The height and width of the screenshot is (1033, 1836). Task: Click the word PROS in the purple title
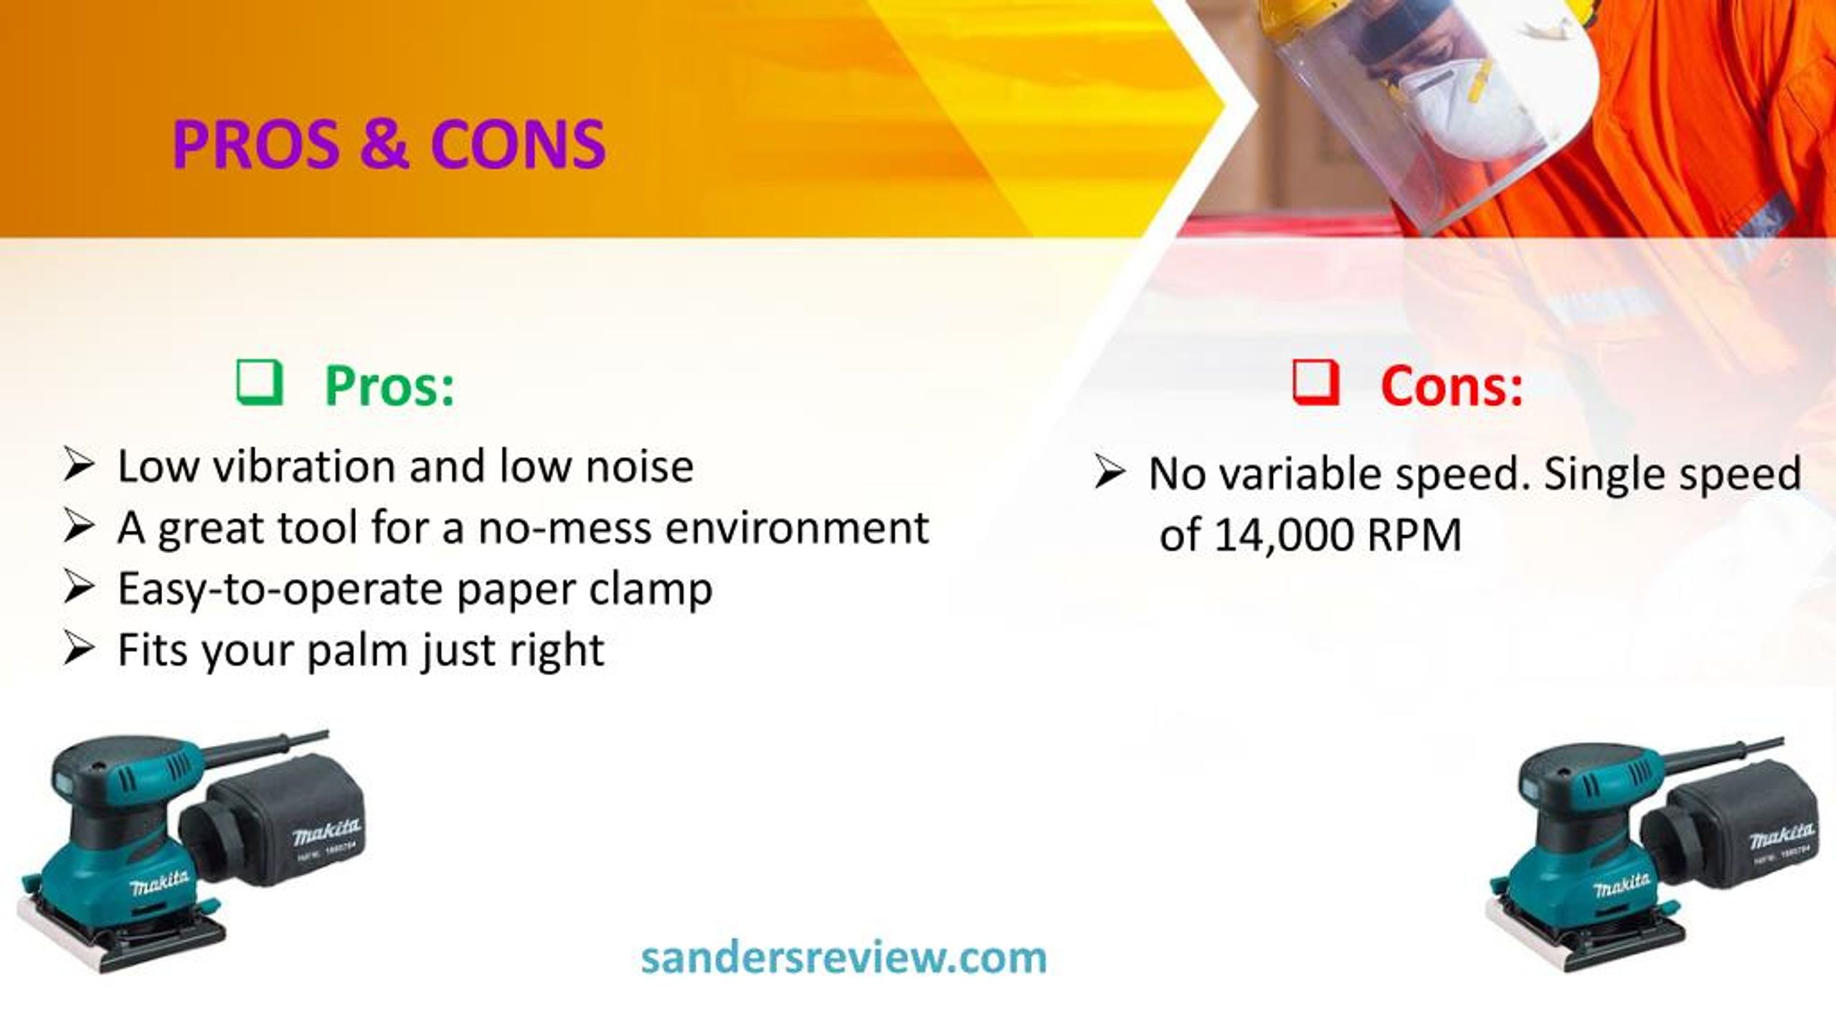(x=255, y=145)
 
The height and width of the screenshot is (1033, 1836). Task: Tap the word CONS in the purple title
(x=518, y=145)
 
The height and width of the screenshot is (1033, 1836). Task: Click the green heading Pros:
(x=389, y=386)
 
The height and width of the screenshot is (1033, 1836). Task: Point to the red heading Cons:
(x=1452, y=386)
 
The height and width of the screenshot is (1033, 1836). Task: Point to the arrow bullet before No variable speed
(x=1109, y=473)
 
